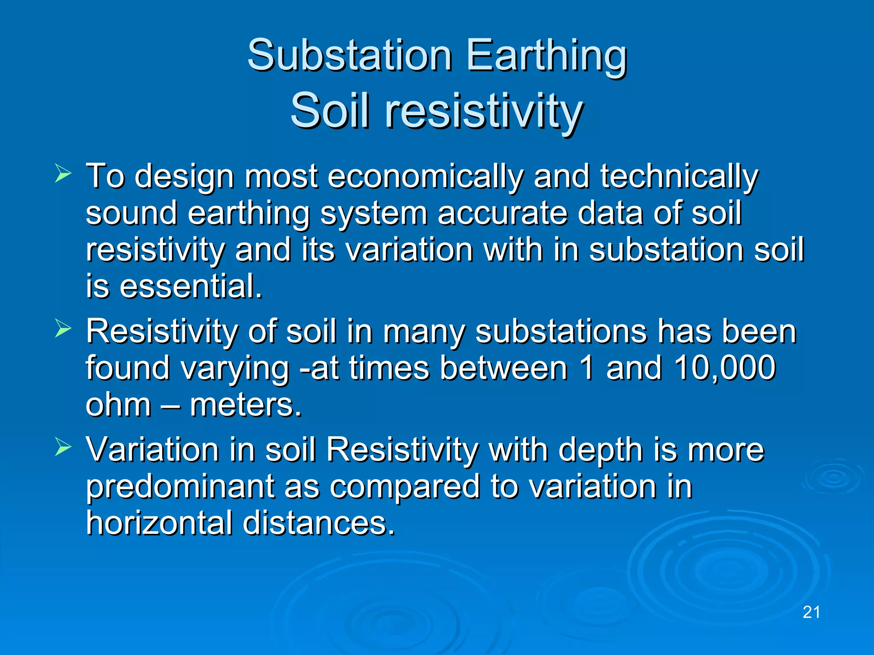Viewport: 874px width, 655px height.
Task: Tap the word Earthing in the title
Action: pos(546,55)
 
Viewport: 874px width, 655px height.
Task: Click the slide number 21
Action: pos(811,612)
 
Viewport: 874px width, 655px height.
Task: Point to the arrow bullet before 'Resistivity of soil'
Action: pos(63,329)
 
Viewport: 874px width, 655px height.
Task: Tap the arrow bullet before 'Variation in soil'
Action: pos(63,447)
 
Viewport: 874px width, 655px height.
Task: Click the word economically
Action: pos(425,176)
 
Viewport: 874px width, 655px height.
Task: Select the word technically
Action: pos(679,176)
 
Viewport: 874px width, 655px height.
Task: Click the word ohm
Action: pos(118,405)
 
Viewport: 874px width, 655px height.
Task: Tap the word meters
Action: pos(245,405)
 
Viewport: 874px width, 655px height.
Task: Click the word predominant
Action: pos(180,487)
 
